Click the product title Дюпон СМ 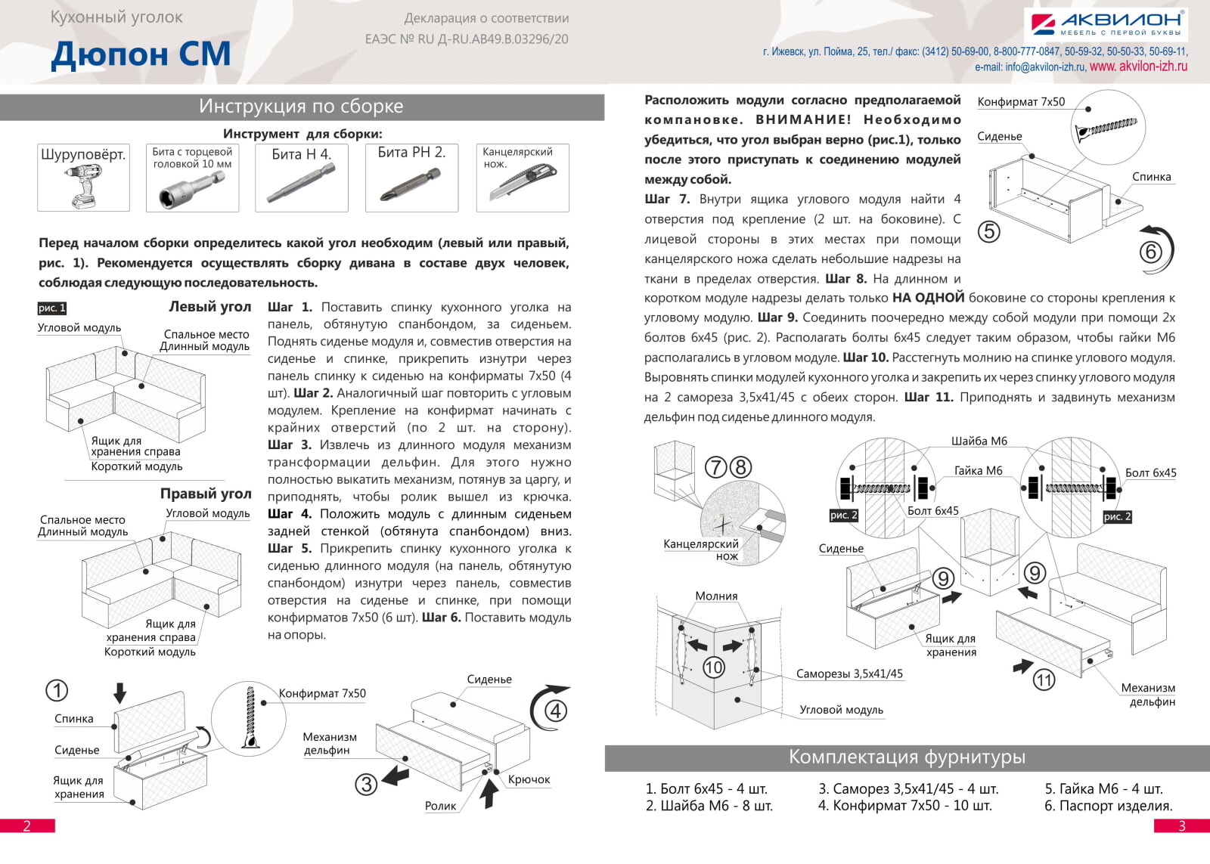click(x=141, y=54)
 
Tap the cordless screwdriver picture click(x=83, y=186)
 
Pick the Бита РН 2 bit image click(x=411, y=185)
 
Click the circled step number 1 click(x=57, y=690)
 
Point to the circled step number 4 click(x=556, y=711)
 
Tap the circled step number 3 click(x=366, y=784)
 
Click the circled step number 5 click(x=989, y=231)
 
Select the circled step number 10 click(x=714, y=667)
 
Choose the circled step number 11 click(x=1044, y=680)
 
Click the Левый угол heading click(x=209, y=307)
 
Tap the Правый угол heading click(x=205, y=494)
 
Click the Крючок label click(x=529, y=779)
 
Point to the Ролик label click(x=440, y=806)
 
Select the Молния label click(x=716, y=596)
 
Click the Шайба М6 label click(x=979, y=441)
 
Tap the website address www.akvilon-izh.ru click(x=1138, y=67)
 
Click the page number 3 click(x=1182, y=825)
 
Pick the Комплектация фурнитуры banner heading click(x=907, y=757)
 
